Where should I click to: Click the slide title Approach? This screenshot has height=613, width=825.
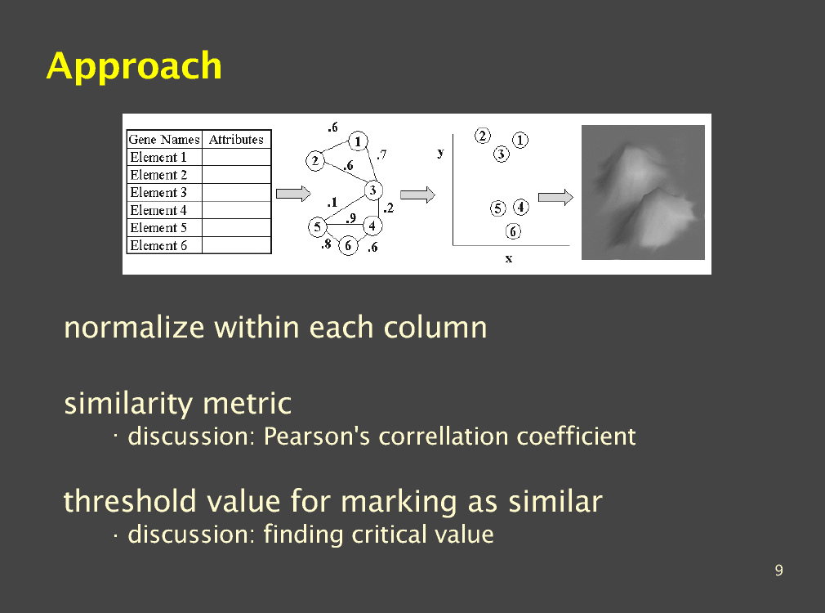pos(134,66)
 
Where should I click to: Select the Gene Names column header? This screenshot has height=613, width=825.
pos(164,140)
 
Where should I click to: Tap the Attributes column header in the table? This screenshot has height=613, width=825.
pos(236,140)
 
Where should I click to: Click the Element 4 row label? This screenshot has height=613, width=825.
pos(158,210)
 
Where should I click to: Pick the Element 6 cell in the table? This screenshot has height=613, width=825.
pos(158,245)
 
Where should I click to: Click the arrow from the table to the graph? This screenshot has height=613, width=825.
pos(293,193)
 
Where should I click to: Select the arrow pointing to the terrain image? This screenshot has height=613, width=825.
pos(555,198)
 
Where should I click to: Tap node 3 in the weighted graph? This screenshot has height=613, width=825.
pos(373,190)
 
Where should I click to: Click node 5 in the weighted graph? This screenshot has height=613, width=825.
pos(317,227)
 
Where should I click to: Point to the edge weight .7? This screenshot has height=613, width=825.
pos(382,154)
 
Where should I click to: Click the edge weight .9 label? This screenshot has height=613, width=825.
pos(351,217)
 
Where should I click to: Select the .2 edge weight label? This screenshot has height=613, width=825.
pos(388,208)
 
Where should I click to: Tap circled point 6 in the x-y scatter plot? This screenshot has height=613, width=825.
pos(513,231)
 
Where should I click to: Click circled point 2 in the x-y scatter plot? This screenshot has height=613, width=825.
pos(483,136)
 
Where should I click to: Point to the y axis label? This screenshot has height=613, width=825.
pos(440,153)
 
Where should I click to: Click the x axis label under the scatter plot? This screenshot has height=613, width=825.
pos(509,258)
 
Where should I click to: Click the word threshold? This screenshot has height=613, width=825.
pos(130,501)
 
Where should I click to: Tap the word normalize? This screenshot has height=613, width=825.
pos(134,328)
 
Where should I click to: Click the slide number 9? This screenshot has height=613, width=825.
pos(778,570)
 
